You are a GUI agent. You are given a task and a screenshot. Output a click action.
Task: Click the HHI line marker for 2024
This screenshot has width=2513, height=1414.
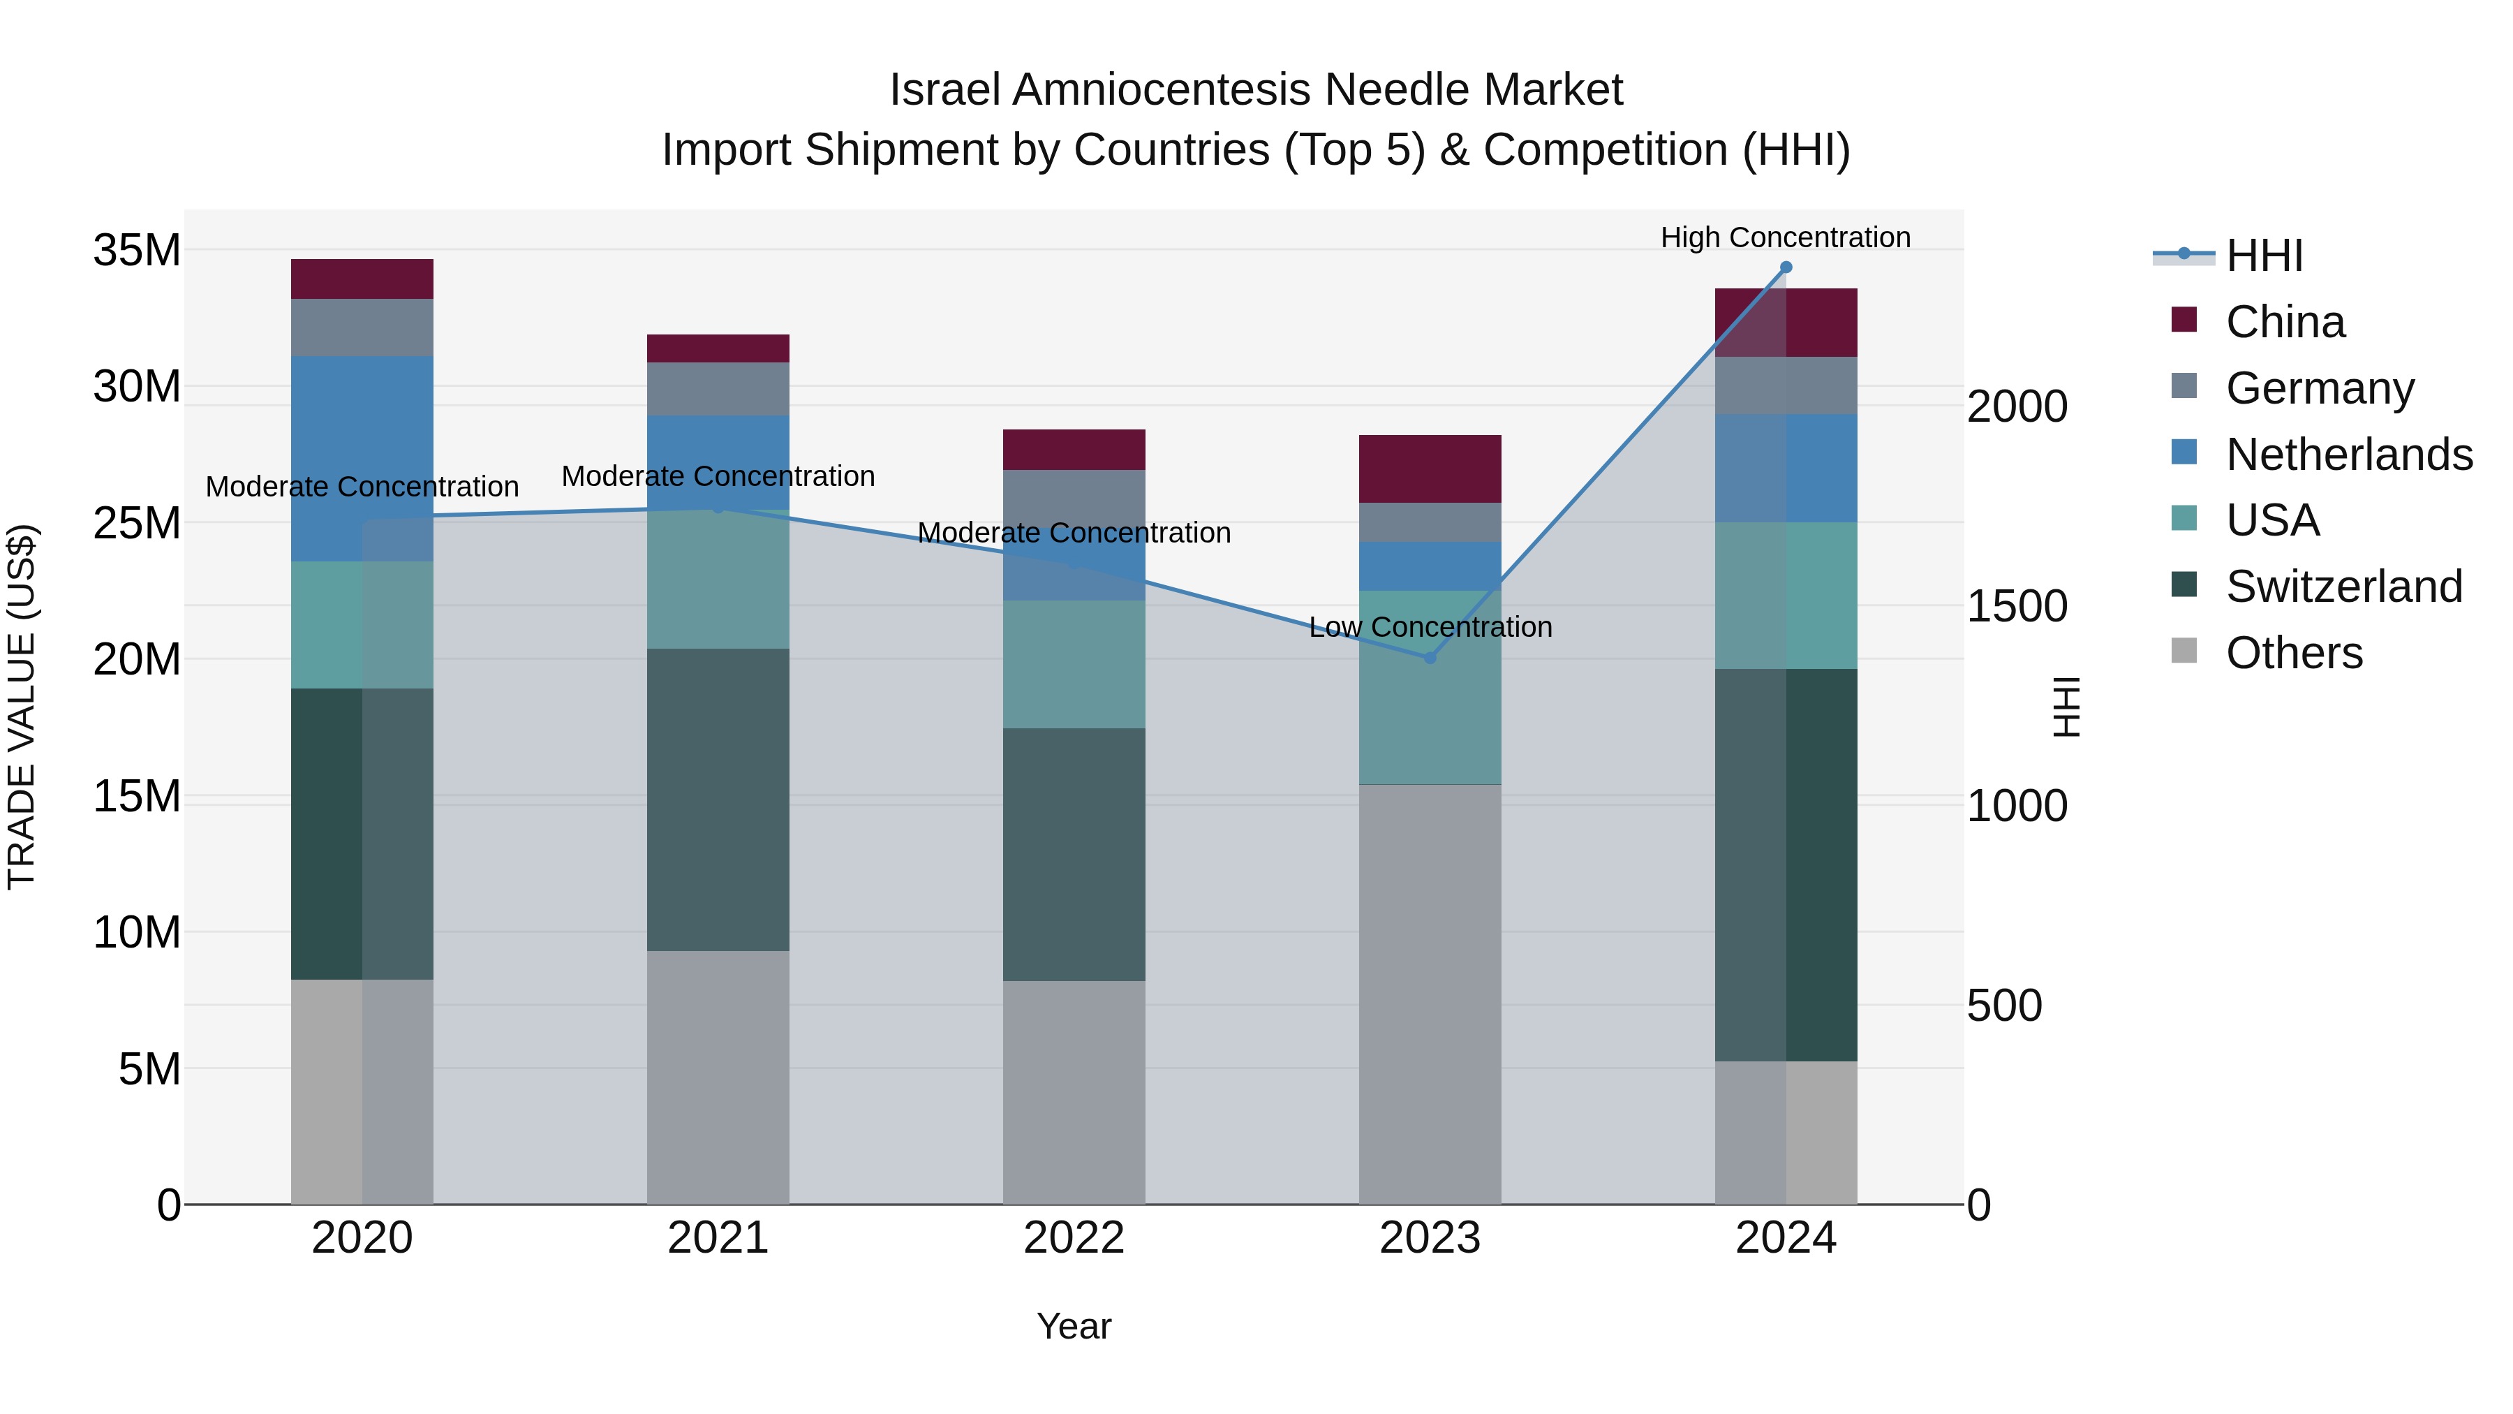click(x=1785, y=267)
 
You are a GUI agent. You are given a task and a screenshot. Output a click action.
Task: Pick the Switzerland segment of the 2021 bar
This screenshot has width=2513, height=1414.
click(x=718, y=800)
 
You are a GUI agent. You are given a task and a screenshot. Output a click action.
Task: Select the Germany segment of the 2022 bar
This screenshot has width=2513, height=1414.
click(x=1074, y=498)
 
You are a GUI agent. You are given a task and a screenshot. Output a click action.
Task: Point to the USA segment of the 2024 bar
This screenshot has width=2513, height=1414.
click(x=1785, y=595)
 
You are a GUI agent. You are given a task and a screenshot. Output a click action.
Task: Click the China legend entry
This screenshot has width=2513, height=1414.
click(x=2285, y=322)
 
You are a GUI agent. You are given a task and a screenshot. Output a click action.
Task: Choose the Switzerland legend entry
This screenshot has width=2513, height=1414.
click(x=2343, y=587)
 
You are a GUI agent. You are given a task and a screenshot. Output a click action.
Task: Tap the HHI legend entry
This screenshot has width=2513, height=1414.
click(x=2263, y=256)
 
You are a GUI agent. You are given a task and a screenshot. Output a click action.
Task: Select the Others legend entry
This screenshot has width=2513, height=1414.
click(x=2294, y=653)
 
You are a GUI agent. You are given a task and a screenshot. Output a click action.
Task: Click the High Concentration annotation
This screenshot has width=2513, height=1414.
click(x=1785, y=237)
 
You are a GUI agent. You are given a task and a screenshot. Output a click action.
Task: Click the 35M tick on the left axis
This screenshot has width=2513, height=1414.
click(x=137, y=251)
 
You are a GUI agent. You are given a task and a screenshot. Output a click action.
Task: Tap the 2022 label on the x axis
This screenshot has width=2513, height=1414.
click(x=1074, y=1238)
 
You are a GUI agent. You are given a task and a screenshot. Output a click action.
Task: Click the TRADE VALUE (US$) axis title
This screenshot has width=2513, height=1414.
click(x=22, y=707)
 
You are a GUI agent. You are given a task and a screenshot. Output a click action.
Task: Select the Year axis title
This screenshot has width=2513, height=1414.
click(x=1074, y=1326)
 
